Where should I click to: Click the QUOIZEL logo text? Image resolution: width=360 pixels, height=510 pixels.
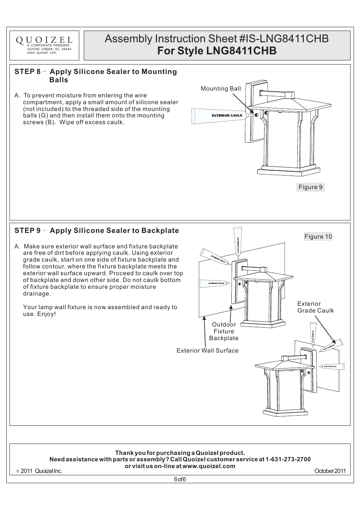coord(44,40)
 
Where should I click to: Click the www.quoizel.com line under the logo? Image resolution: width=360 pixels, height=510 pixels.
coord(42,52)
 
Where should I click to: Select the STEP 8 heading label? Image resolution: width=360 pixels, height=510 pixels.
coord(28,72)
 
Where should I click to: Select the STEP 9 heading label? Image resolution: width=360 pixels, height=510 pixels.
coord(28,231)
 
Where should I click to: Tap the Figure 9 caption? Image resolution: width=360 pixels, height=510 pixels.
coord(310,187)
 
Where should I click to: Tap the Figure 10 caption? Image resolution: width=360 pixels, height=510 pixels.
coord(318,237)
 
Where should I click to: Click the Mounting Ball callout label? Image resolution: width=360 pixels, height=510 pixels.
coord(220,89)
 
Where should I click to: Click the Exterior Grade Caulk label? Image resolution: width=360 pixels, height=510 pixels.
coord(315,307)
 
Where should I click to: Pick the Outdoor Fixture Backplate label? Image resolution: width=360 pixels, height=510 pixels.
coord(224,331)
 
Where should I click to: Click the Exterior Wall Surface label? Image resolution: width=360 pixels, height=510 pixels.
coord(208,351)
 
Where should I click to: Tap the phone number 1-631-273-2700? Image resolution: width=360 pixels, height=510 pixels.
coord(288,459)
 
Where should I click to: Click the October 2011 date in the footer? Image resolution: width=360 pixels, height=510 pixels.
coord(330,471)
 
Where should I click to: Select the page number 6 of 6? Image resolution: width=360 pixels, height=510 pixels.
coord(180,479)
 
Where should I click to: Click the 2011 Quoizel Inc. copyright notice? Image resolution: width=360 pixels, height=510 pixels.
coord(41,471)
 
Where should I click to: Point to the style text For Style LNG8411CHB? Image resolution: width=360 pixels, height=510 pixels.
coord(217,51)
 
